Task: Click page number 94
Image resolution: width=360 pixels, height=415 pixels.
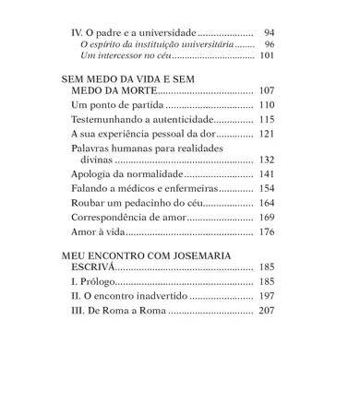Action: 269,31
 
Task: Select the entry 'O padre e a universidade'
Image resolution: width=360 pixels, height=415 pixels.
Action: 134,31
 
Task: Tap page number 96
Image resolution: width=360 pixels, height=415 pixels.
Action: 269,44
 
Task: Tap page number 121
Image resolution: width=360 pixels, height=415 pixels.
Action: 266,134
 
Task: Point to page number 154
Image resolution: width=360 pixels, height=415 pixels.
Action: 266,187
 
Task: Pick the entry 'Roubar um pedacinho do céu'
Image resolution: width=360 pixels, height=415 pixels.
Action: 135,202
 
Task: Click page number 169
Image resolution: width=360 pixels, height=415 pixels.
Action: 266,217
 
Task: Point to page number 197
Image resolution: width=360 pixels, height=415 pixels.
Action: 266,296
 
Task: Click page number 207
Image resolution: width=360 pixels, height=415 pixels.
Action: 266,311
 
